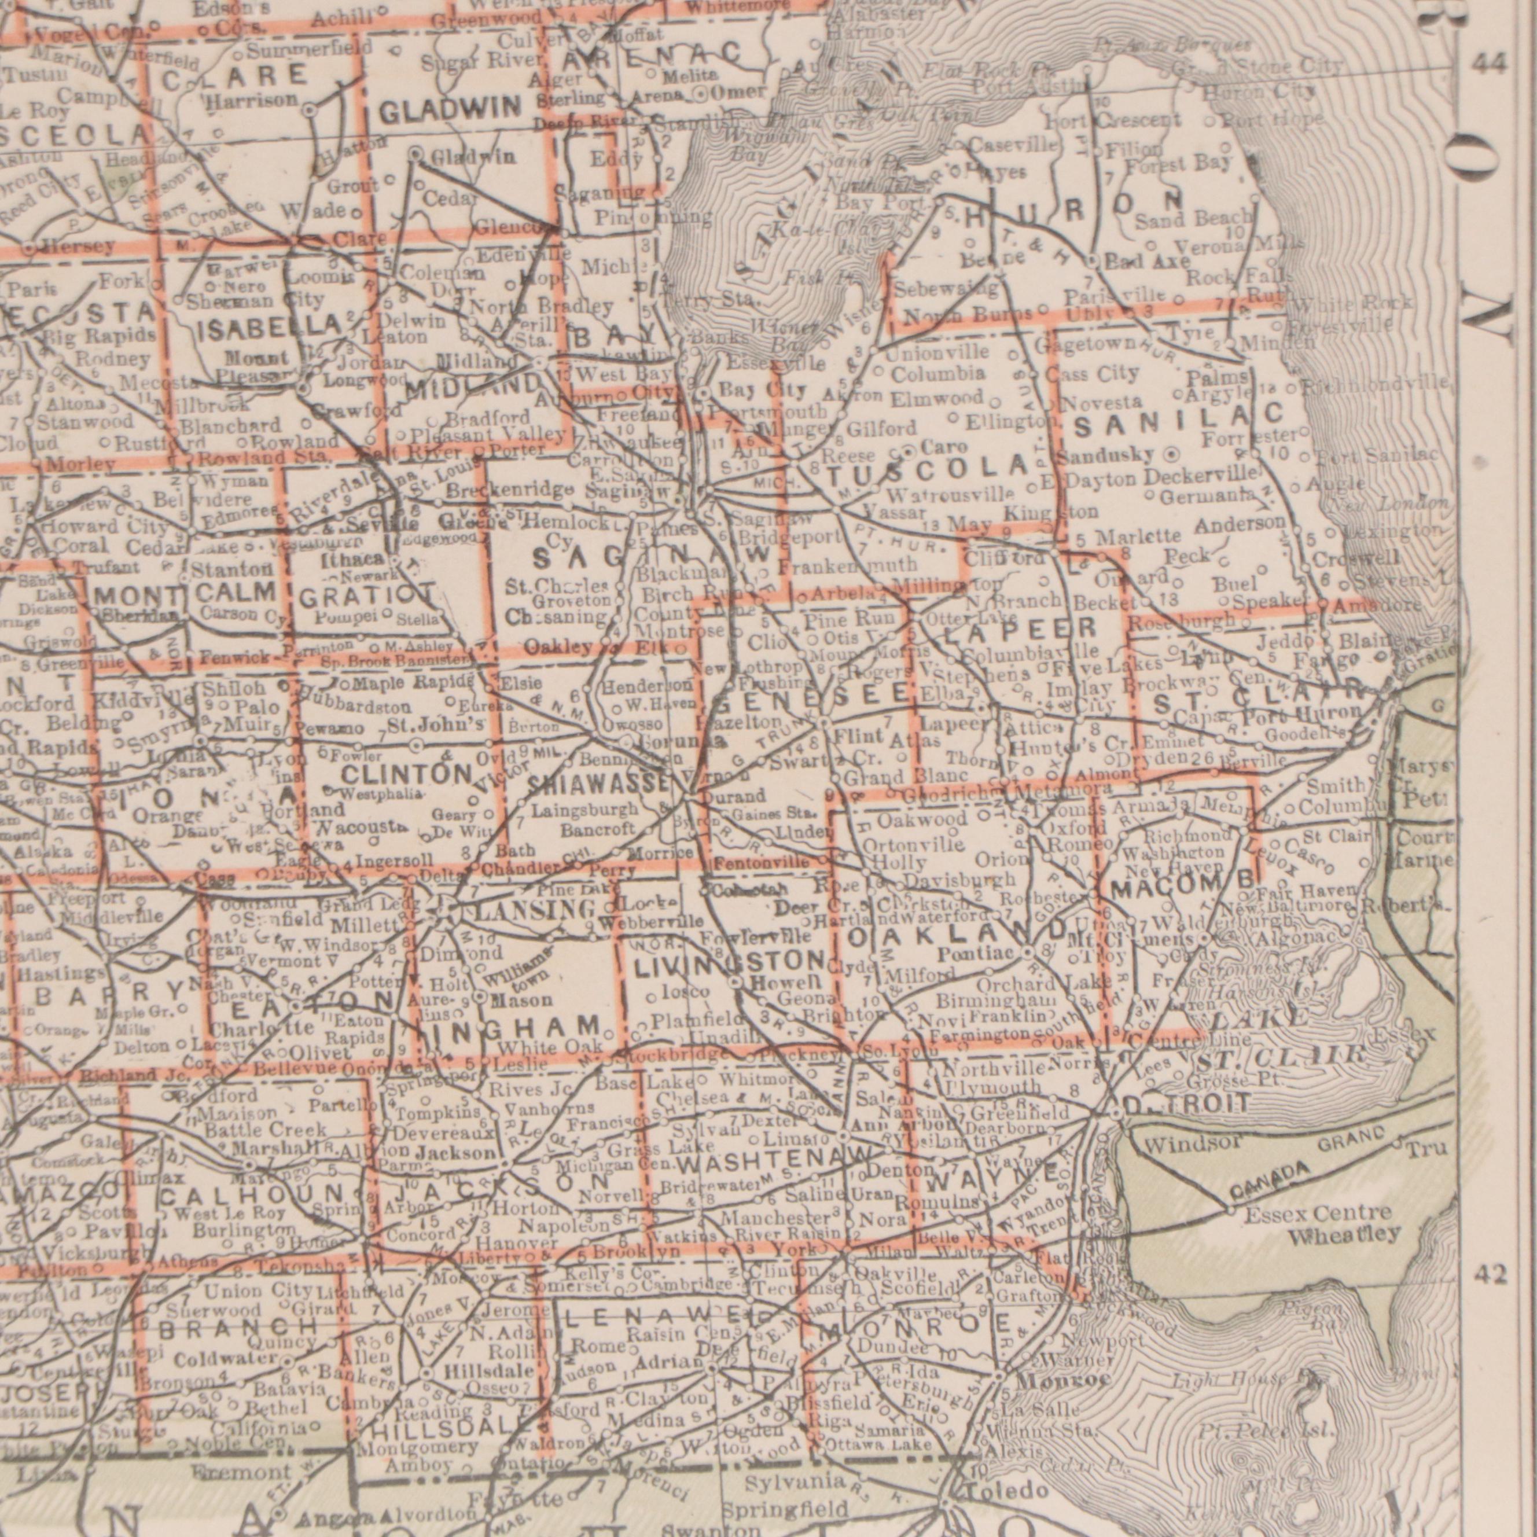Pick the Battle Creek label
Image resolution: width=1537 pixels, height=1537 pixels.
click(x=265, y=1130)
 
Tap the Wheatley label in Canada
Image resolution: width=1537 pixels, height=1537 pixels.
click(x=1344, y=1236)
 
